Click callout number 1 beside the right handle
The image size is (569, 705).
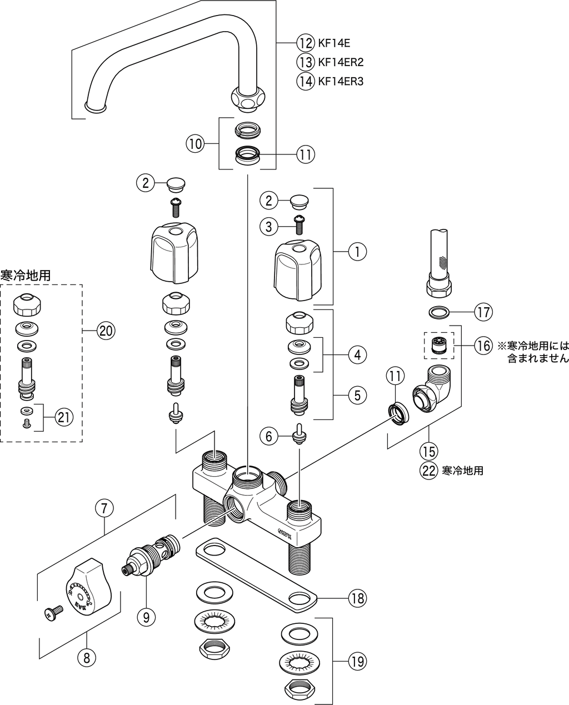[357, 252]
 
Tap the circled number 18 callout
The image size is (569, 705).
[358, 598]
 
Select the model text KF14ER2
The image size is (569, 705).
[340, 62]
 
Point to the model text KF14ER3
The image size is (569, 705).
[340, 81]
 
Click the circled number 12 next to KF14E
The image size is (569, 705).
[305, 43]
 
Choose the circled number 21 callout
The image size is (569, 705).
[64, 417]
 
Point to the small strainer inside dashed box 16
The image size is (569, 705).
[439, 347]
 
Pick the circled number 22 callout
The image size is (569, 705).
[428, 471]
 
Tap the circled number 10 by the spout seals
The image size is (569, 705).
[194, 144]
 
